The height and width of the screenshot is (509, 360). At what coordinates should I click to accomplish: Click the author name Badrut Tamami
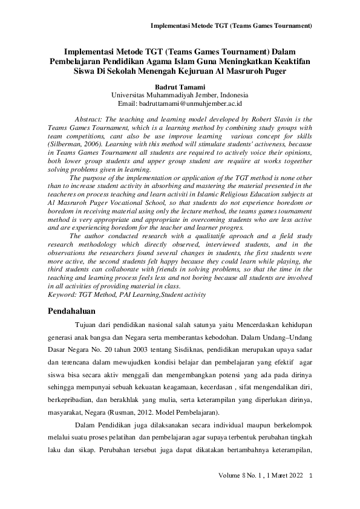click(180, 86)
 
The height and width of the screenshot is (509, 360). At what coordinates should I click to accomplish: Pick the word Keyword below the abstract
click(62, 294)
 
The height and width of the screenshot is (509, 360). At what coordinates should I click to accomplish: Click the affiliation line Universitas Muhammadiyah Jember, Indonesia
click(180, 95)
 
